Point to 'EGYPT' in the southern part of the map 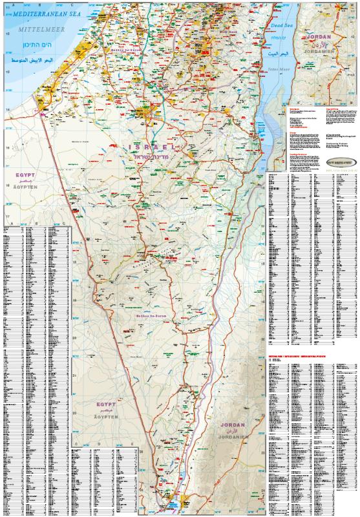point(105,386)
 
